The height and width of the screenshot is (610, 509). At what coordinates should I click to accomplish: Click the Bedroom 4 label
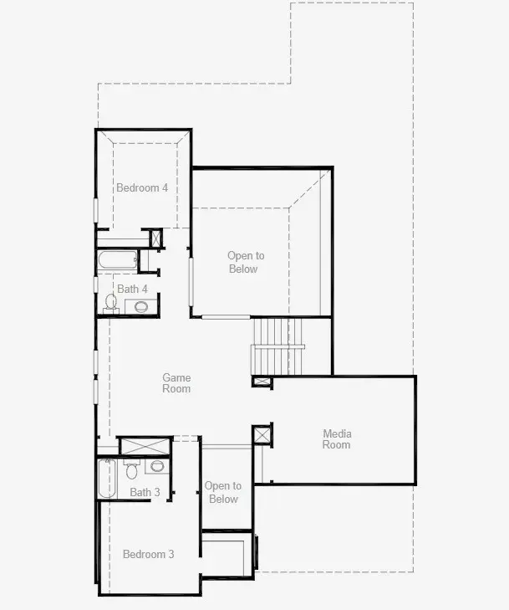(142, 187)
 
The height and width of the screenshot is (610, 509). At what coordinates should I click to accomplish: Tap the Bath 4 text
(132, 289)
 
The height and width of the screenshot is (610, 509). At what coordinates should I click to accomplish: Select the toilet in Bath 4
(111, 302)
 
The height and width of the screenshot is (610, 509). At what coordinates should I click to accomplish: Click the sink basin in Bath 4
(140, 306)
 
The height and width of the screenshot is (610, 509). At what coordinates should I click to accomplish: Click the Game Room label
(176, 383)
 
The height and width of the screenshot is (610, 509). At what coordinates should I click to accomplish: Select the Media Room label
(337, 439)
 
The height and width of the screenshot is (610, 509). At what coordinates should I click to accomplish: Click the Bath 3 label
(145, 492)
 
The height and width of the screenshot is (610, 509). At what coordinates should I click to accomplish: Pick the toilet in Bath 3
(131, 470)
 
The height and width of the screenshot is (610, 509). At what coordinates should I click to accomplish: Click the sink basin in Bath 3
(157, 466)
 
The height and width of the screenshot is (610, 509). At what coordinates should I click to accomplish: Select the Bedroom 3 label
(149, 554)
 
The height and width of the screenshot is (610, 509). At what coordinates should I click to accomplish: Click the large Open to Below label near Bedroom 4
(246, 262)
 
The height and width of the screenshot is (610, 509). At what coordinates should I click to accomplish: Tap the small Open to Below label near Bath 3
(223, 492)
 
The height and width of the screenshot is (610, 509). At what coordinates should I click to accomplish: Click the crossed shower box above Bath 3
(145, 445)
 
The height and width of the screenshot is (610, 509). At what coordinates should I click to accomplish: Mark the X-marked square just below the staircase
(262, 382)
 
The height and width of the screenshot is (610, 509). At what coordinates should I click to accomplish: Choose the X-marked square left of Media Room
(262, 436)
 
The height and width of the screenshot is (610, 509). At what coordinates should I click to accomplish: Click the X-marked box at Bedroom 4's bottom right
(156, 238)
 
